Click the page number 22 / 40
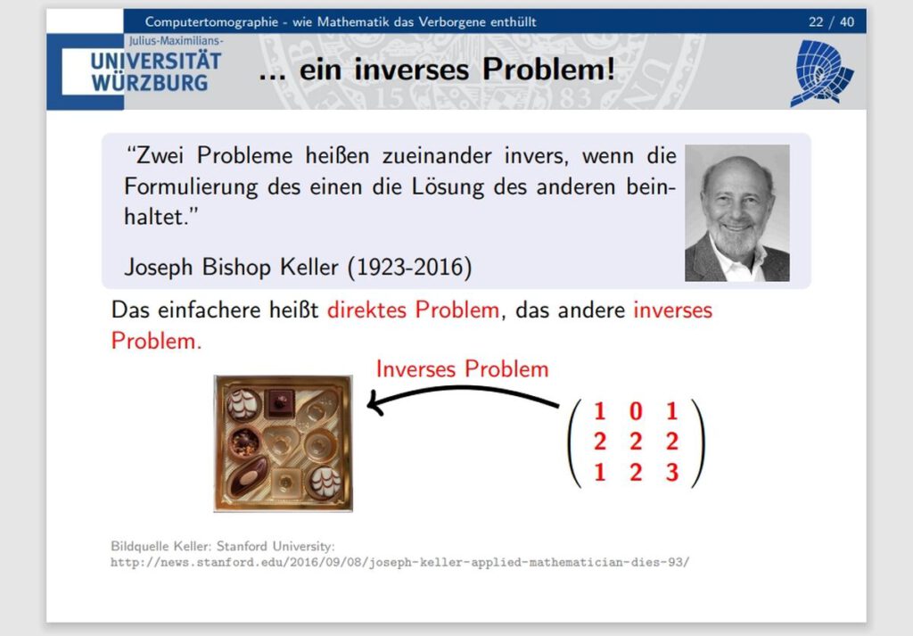point(831,22)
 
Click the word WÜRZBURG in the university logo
point(149,83)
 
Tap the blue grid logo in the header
point(821,73)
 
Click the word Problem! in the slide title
point(548,70)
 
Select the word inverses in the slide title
point(411,70)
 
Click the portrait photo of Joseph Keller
point(737,213)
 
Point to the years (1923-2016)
point(409,268)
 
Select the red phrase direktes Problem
point(413,310)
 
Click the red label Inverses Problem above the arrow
point(463,369)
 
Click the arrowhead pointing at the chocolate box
point(375,403)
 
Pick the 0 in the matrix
point(636,411)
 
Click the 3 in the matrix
point(672,473)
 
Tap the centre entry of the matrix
point(636,442)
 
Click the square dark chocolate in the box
point(279,403)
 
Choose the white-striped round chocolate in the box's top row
point(243,404)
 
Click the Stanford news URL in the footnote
point(400,563)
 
